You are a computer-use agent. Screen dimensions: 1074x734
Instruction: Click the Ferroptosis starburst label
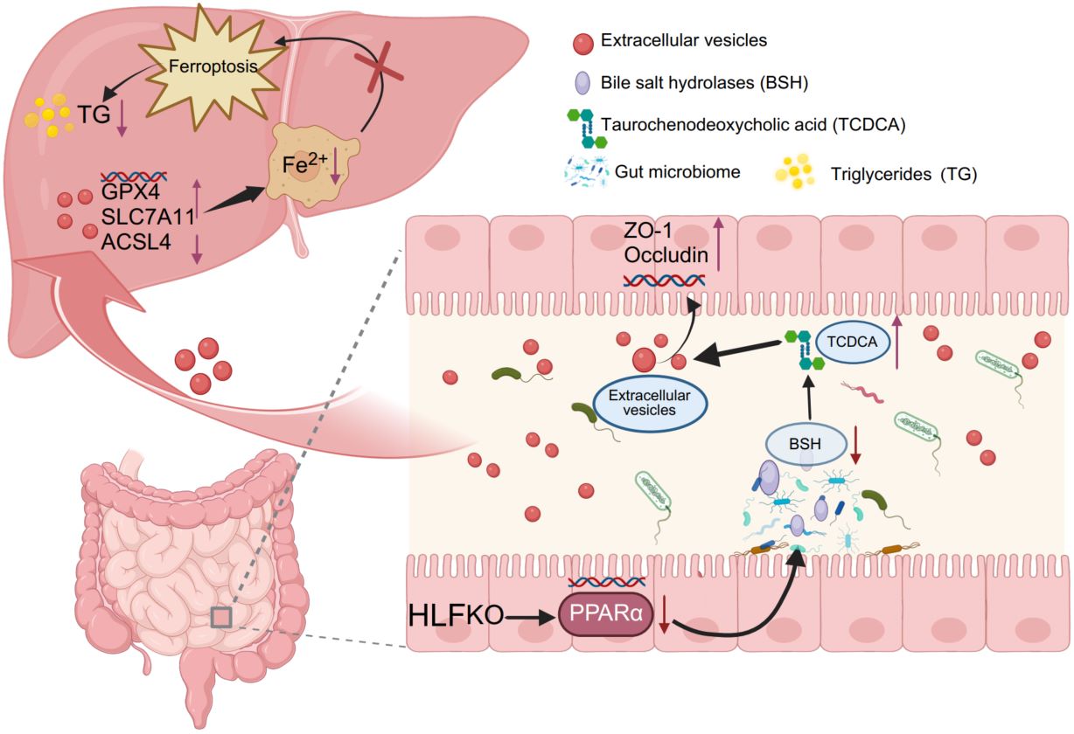(213, 66)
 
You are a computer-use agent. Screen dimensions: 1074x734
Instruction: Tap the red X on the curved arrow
(379, 67)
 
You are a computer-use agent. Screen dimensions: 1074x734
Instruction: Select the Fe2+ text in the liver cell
(305, 163)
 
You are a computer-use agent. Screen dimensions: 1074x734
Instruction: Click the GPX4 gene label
(130, 191)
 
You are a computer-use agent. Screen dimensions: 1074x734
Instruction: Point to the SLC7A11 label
(148, 217)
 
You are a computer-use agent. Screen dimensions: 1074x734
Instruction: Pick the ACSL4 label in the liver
(136, 242)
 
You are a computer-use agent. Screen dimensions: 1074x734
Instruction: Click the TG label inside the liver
(94, 114)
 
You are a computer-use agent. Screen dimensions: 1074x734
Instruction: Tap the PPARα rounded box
(606, 614)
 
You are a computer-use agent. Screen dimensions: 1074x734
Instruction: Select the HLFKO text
(456, 615)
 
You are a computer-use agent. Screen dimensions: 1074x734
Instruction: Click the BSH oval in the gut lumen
(805, 444)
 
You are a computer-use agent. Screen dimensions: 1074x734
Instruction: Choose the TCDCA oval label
(852, 342)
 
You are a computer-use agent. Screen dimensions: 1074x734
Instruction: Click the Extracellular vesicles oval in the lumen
(650, 403)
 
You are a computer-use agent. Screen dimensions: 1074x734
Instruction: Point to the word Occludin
(666, 255)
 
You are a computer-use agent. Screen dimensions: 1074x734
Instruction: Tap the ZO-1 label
(648, 231)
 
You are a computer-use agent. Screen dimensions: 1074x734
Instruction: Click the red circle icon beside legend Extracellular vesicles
(583, 44)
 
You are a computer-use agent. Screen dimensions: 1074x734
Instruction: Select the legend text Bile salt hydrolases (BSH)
(704, 83)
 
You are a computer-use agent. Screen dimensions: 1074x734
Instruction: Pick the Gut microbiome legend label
(678, 171)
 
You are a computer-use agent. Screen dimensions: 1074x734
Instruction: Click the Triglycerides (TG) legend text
(903, 174)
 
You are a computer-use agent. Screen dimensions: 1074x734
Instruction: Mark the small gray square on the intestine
(221, 618)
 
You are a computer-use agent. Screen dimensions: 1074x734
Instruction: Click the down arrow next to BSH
(856, 445)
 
